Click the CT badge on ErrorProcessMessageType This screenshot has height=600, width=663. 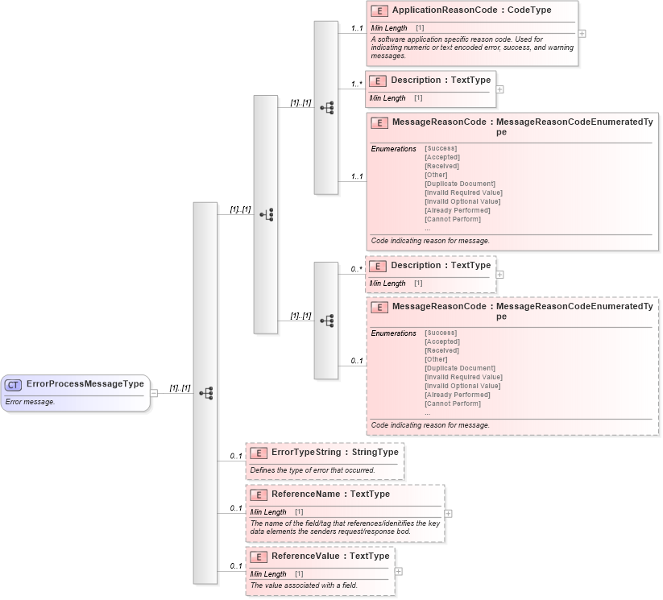[x=14, y=385]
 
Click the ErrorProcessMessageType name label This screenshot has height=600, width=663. [x=85, y=384]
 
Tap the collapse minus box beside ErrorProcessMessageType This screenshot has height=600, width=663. [x=154, y=393]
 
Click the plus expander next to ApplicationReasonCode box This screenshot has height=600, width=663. [x=582, y=34]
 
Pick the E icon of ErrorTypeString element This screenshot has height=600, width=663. [x=259, y=453]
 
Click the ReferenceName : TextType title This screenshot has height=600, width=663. [x=330, y=494]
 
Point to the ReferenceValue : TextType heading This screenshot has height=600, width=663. [x=330, y=556]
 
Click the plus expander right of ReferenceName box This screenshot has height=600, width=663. [x=448, y=513]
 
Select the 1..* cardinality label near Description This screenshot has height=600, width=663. [x=356, y=84]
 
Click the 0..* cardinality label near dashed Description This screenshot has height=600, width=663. [x=356, y=269]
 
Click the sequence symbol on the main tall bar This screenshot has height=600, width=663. [x=206, y=393]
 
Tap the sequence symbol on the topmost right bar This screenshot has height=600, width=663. [x=326, y=107]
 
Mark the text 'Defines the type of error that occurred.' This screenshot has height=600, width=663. [x=312, y=470]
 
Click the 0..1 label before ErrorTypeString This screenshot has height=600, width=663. [x=236, y=457]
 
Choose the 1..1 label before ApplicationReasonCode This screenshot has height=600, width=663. [x=356, y=28]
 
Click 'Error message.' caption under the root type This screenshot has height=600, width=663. [x=30, y=401]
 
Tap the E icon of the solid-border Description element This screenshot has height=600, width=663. [x=378, y=81]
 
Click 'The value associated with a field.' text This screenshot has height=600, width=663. [x=304, y=586]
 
